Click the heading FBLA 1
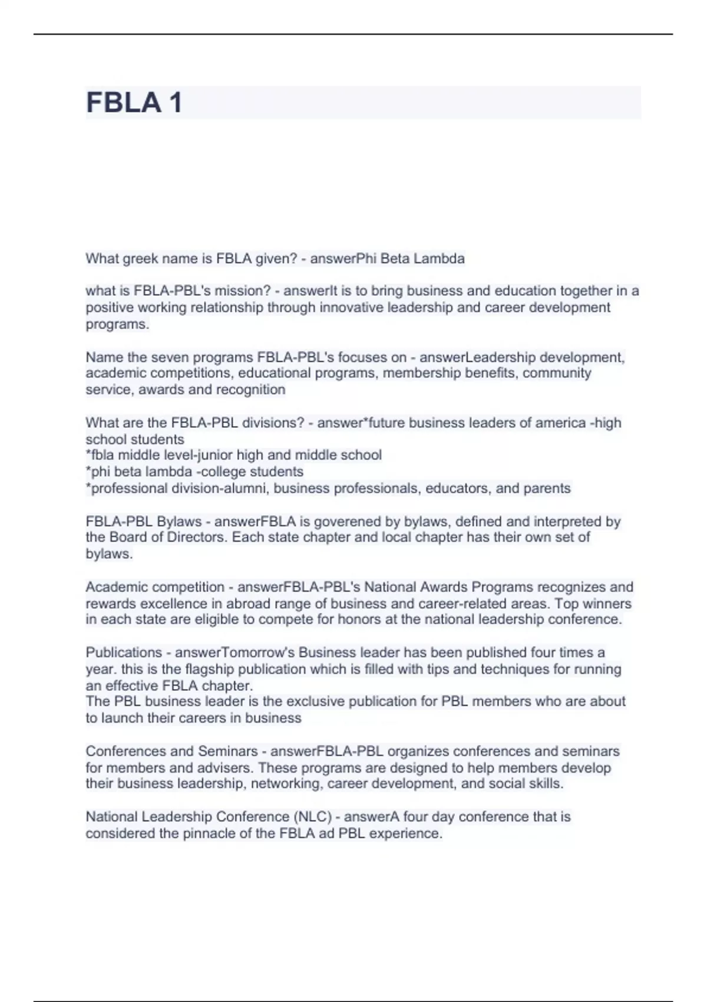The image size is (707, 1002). tap(134, 103)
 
